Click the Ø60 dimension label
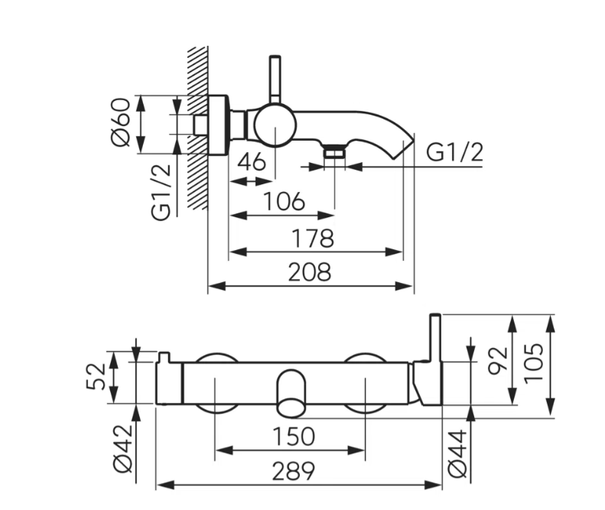pos(120,122)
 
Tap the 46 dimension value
pos(252,161)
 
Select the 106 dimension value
pos(284,201)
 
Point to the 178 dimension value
pos(313,238)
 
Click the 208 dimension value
pos(310,272)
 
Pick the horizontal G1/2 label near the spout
pos(454,152)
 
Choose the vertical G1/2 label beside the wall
pos(161,192)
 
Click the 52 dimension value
pos(95,376)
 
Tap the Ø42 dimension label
pos(123,448)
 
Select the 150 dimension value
pos(294,437)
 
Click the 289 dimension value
pos(294,471)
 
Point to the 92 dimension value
pos(497,361)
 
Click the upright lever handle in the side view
pos(275,80)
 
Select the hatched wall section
pos(197,127)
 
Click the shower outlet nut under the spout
pos(334,151)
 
